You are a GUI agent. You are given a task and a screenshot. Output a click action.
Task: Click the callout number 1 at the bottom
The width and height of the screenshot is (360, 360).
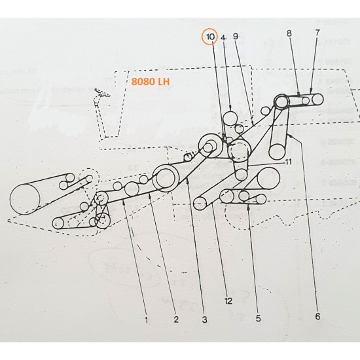147,320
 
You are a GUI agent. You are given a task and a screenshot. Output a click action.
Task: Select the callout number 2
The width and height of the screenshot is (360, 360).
176,320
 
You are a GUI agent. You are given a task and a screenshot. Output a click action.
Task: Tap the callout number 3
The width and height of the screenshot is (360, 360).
205,320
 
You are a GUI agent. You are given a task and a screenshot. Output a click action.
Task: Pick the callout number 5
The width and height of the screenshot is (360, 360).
258,319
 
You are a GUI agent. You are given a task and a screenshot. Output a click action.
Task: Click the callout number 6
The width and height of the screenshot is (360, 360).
318,316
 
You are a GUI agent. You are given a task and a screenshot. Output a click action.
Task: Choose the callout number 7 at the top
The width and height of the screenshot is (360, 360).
317,32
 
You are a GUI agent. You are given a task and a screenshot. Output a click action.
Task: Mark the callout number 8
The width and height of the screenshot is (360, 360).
289,32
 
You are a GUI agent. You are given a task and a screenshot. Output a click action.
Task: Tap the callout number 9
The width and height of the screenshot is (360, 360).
236,37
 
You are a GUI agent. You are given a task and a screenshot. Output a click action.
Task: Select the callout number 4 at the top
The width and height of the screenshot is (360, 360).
223,37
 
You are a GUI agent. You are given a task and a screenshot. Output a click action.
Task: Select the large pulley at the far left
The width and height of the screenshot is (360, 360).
26,198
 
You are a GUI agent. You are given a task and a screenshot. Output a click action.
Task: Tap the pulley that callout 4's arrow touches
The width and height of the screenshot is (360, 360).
230,118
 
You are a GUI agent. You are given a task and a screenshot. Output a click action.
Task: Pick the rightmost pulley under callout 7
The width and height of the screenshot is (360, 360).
317,100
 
